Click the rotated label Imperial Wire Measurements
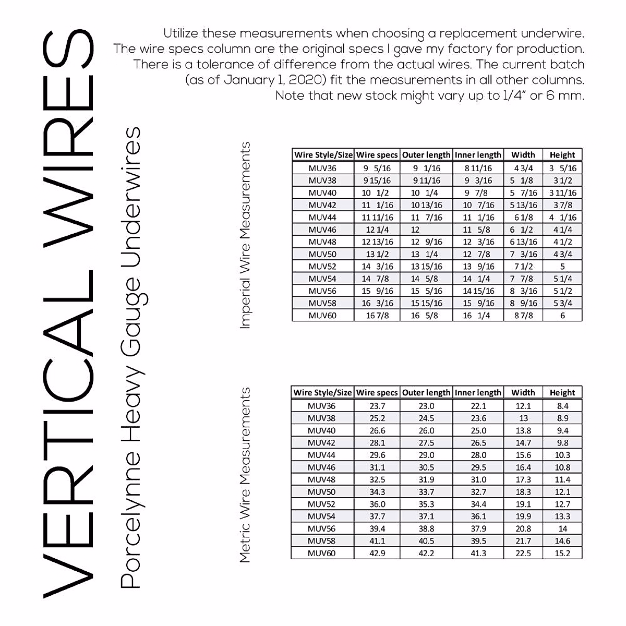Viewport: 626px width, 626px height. [245, 235]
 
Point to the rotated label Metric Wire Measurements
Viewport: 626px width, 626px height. [245, 475]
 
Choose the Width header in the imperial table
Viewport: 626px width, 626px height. [523, 155]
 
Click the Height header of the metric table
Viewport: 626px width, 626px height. [562, 393]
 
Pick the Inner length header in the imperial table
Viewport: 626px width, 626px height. [478, 155]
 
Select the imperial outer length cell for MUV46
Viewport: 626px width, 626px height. [416, 230]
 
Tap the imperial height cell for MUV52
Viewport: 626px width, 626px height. [562, 267]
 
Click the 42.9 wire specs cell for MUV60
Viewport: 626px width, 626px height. [377, 553]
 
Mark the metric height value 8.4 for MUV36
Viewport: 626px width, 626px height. [562, 406]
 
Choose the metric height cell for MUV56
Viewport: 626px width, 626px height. [562, 529]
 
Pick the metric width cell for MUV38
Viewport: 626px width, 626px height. [523, 418]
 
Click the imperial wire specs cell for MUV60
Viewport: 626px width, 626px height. [377, 316]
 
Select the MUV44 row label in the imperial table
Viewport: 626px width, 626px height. [322, 218]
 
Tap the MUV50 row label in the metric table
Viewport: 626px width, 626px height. [322, 492]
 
